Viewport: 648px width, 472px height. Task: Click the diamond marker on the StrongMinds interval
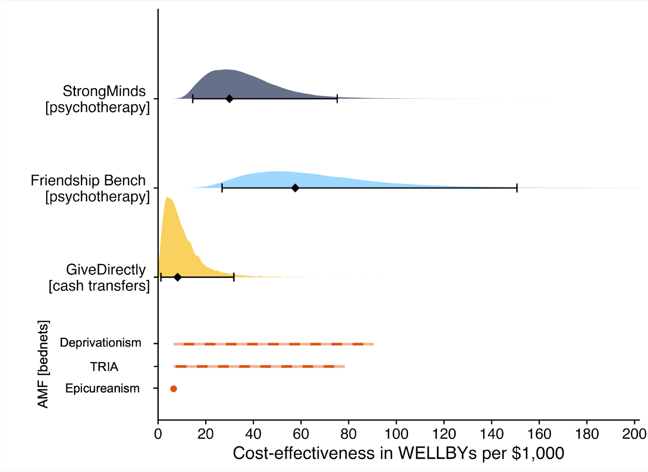pos(229,99)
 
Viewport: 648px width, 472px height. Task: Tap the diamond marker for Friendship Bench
pos(295,188)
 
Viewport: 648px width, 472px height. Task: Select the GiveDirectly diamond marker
pos(177,277)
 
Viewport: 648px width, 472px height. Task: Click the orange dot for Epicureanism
pos(173,389)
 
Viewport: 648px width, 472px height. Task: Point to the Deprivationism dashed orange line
pos(273,344)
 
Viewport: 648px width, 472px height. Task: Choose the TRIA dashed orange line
pos(259,366)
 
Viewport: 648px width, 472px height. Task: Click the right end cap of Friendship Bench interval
pos(517,188)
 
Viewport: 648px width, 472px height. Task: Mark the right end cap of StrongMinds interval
pos(337,99)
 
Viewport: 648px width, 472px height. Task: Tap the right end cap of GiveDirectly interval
pos(234,277)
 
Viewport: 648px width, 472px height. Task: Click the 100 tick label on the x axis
pos(396,434)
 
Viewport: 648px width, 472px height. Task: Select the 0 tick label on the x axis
pos(158,434)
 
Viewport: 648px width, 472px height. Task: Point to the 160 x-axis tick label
pos(539,434)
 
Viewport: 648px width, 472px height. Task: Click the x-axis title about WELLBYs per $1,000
pos(398,453)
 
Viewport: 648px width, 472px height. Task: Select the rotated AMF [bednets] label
pos(43,364)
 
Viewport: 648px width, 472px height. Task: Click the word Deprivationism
pos(100,343)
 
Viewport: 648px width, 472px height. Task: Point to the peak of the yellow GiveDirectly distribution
pos(168,198)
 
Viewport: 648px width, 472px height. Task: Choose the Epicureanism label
pos(102,389)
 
